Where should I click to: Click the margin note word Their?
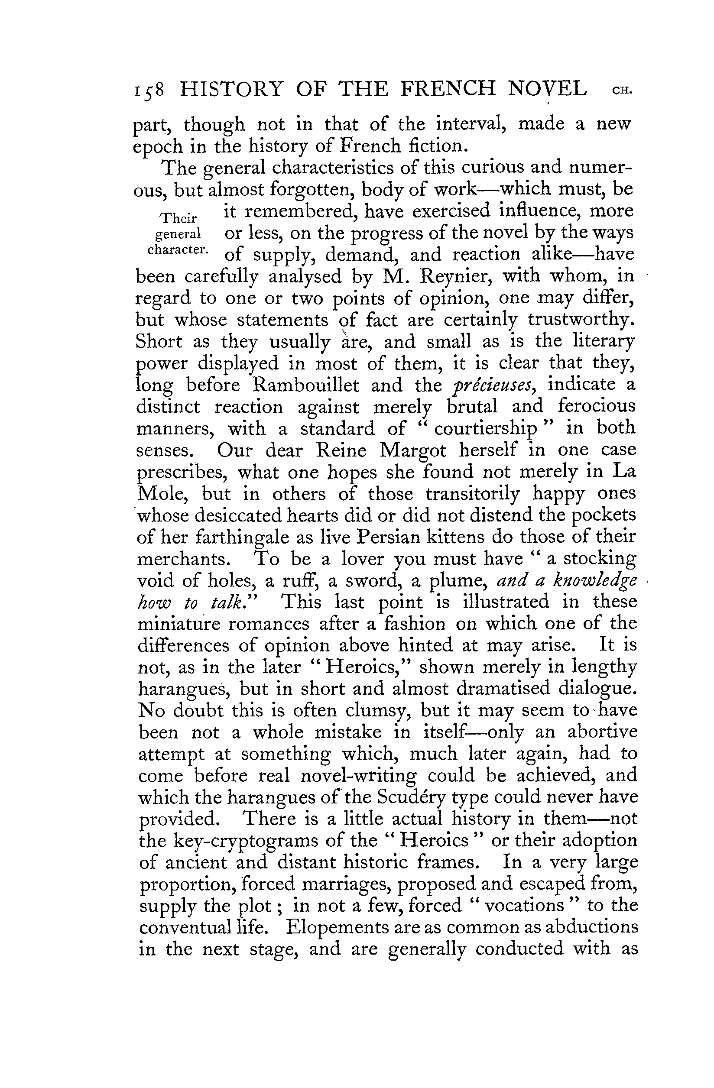click(x=178, y=217)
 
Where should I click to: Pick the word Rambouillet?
click(x=306, y=385)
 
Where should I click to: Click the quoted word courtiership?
click(x=486, y=429)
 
